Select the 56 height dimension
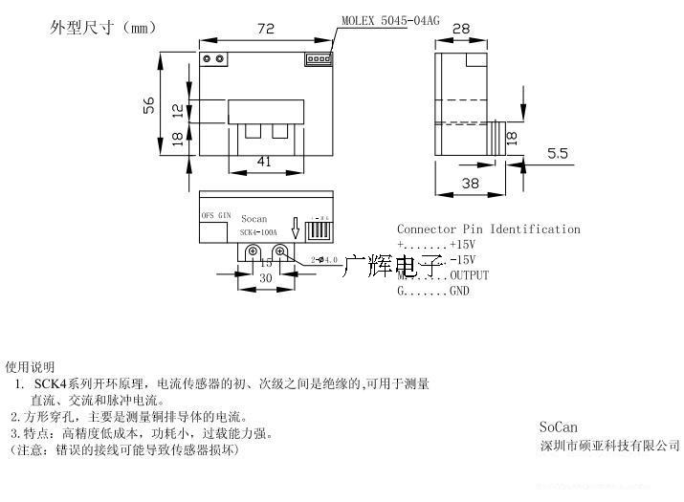point(149,104)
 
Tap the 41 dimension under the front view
point(263,162)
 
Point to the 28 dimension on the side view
point(461,30)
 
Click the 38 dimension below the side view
point(470,183)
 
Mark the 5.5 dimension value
point(558,152)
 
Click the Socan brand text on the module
point(254,219)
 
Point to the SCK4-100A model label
point(259,232)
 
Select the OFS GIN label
point(216,216)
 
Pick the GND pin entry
point(433,291)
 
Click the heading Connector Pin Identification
point(488,229)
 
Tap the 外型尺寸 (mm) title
point(101,28)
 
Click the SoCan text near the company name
point(559,427)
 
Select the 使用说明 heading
point(30,366)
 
